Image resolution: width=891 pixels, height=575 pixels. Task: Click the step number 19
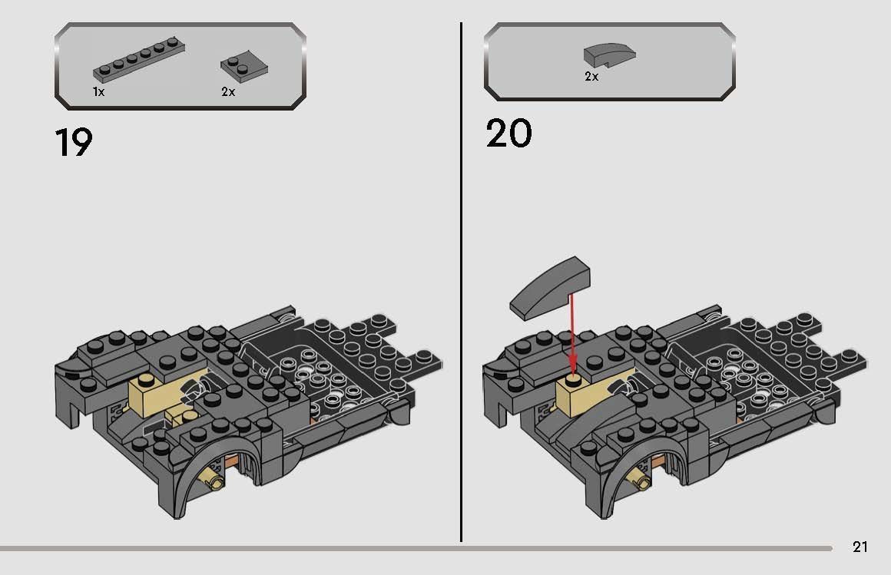pos(74,142)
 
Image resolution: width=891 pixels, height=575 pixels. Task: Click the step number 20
pos(508,134)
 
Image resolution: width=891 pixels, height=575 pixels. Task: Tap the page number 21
pos(860,547)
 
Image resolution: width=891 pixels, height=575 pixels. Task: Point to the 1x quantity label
pos(98,91)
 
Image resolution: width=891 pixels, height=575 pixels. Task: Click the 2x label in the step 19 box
pos(228,91)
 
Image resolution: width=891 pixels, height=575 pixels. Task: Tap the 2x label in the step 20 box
pos(591,77)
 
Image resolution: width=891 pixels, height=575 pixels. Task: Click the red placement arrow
pos(571,330)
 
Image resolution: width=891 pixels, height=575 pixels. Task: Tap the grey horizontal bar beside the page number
pos(415,548)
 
